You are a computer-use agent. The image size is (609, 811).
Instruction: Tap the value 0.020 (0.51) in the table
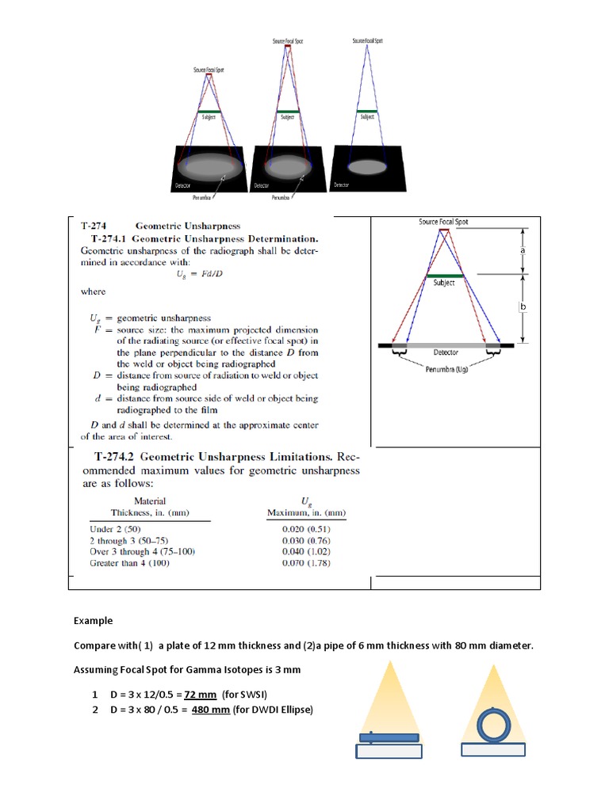(x=306, y=528)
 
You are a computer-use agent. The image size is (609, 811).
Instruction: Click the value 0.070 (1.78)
(x=306, y=563)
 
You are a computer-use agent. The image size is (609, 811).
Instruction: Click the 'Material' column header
(x=150, y=501)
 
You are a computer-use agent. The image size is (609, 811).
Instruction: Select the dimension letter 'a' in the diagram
(x=523, y=249)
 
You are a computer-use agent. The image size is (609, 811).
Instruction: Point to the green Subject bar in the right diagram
(x=444, y=275)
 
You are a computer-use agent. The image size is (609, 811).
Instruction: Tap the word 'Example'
(x=94, y=621)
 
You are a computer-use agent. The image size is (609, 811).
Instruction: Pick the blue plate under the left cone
(x=389, y=737)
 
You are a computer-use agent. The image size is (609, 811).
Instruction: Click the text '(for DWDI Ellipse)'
(x=273, y=710)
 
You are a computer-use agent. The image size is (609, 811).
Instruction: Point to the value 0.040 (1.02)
(x=306, y=551)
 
